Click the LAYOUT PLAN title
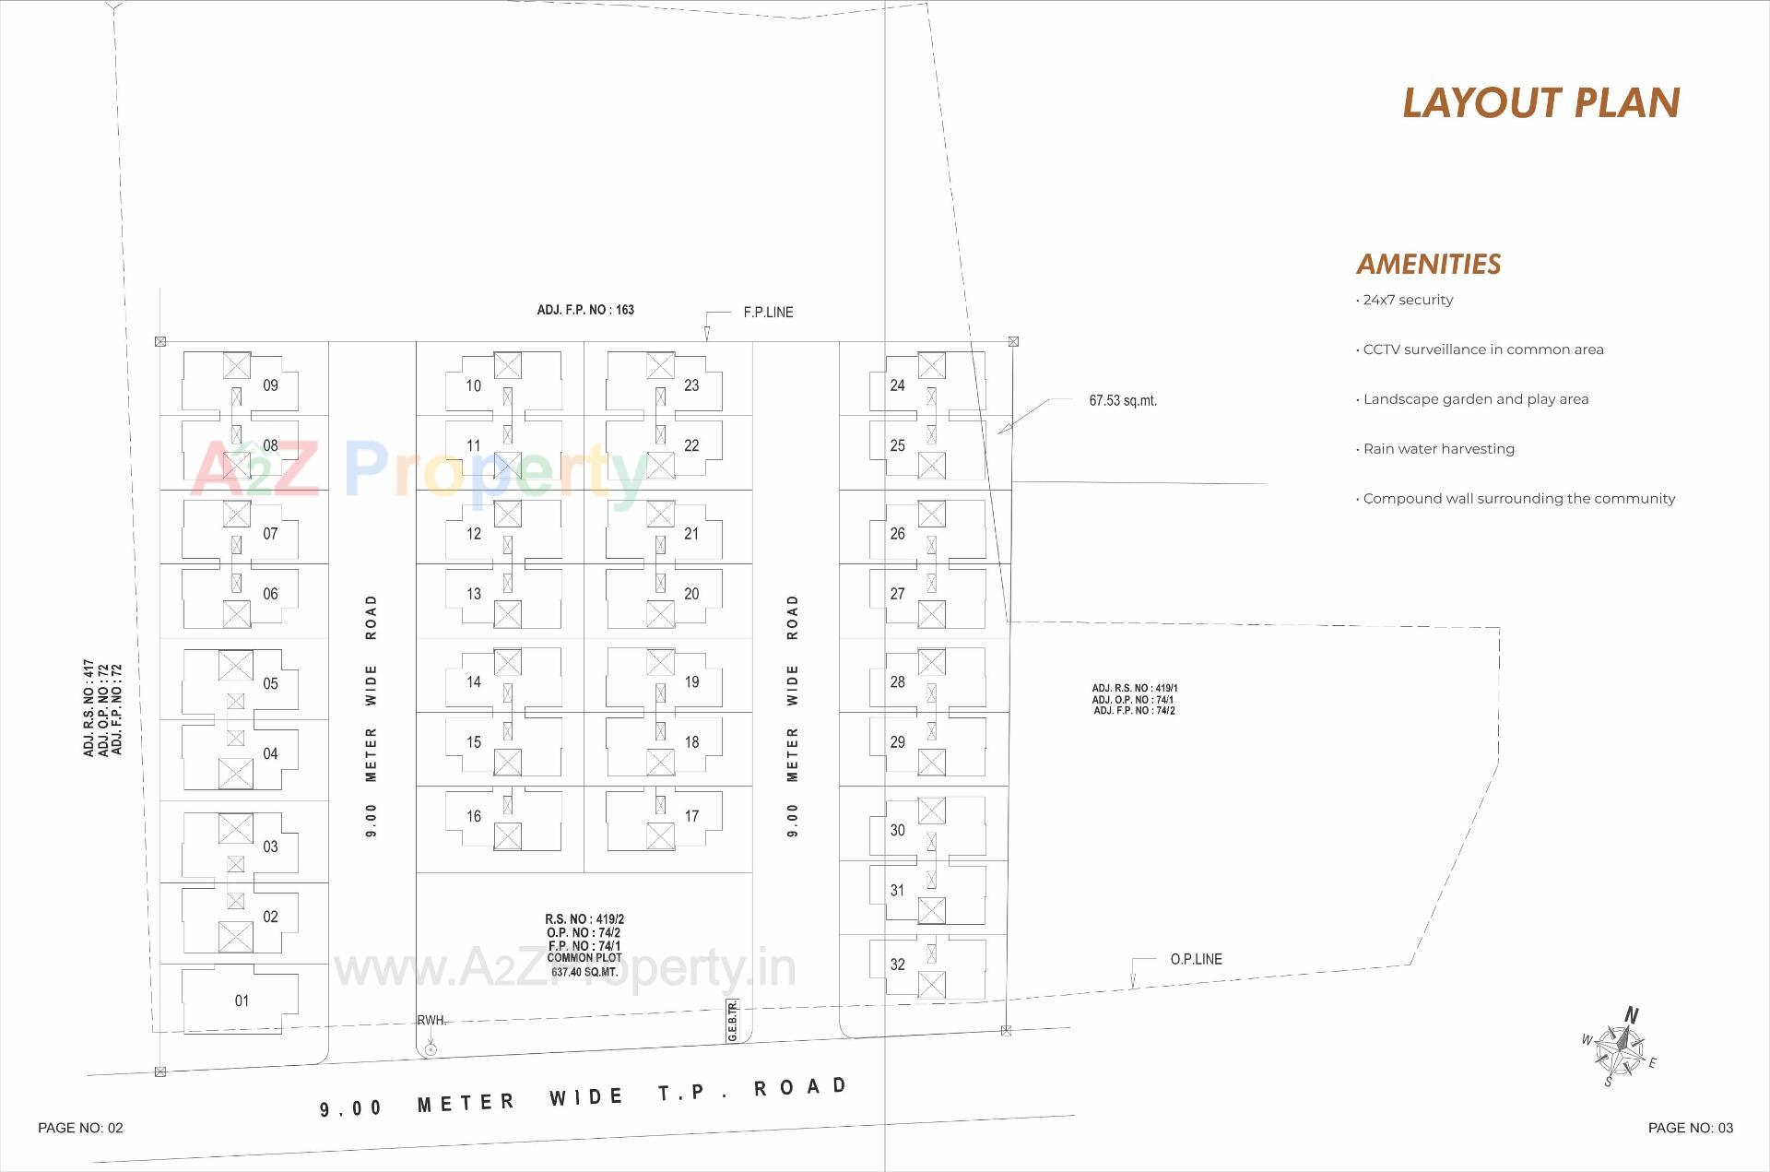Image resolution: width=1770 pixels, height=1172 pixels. click(x=1540, y=102)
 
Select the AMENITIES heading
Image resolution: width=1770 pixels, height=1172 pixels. click(x=1428, y=265)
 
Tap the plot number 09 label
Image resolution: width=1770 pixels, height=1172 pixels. click(x=270, y=385)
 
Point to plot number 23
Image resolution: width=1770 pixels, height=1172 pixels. click(x=691, y=385)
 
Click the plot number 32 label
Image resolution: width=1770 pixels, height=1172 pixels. click(x=897, y=965)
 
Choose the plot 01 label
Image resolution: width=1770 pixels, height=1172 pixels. click(x=242, y=1000)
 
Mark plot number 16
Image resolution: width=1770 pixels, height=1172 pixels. click(x=474, y=816)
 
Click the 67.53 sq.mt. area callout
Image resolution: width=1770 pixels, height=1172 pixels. click(x=1122, y=400)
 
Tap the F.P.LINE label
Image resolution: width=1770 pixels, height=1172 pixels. click(x=768, y=313)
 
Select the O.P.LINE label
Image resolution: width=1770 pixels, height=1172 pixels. click(x=1196, y=959)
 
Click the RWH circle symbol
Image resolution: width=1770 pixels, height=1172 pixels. click(x=431, y=1049)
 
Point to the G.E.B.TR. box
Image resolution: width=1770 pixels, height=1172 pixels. click(x=732, y=1021)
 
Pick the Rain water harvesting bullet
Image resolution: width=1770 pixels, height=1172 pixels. click(x=1438, y=449)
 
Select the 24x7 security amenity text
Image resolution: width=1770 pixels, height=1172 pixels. click(x=1408, y=300)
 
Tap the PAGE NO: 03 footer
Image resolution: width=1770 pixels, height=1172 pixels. click(x=1690, y=1128)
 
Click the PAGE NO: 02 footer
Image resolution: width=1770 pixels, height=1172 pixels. click(x=80, y=1128)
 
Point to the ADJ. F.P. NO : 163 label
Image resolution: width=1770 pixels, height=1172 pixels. click(x=585, y=310)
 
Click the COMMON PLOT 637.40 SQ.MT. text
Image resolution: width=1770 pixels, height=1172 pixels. click(x=584, y=965)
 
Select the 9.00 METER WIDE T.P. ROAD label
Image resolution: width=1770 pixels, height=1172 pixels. click(x=584, y=1096)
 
